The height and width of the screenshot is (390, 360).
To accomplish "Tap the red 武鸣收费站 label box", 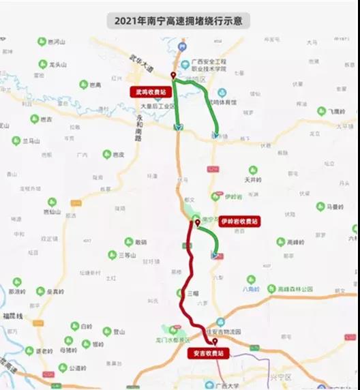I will (x=150, y=91).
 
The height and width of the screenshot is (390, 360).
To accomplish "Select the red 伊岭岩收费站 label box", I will (x=239, y=221).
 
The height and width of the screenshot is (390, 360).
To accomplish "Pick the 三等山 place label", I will (x=129, y=255).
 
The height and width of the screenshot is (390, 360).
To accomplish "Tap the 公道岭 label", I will (x=80, y=367).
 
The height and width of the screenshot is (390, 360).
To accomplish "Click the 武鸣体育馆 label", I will (x=223, y=102).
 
